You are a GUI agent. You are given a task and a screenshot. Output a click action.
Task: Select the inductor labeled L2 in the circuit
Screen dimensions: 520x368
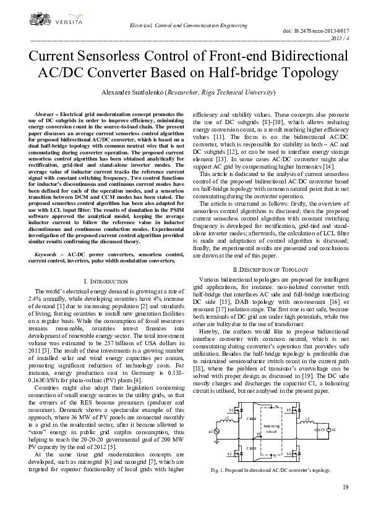[307, 421]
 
